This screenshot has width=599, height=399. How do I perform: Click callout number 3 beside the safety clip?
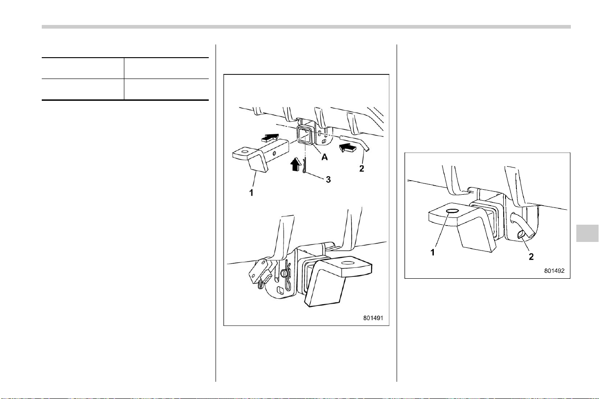[328, 179]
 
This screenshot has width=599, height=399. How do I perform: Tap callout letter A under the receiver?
[324, 157]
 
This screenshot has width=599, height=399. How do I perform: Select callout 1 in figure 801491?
[251, 192]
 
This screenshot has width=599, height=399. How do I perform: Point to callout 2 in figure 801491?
[362, 168]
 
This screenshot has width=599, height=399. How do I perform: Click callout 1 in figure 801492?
[432, 252]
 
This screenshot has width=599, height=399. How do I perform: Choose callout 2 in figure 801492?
[531, 257]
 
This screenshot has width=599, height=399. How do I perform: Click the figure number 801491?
[373, 318]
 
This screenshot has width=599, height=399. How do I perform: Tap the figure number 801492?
[555, 271]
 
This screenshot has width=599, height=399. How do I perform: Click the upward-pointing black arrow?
[295, 164]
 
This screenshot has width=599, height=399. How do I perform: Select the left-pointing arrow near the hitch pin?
[348, 148]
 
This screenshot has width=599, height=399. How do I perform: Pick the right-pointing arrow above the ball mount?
[270, 138]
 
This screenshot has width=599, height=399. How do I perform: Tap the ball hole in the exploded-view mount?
[244, 153]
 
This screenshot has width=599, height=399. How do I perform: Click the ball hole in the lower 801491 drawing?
[348, 263]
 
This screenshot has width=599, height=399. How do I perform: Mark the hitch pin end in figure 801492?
[520, 235]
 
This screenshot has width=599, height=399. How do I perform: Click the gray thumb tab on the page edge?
[587, 233]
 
